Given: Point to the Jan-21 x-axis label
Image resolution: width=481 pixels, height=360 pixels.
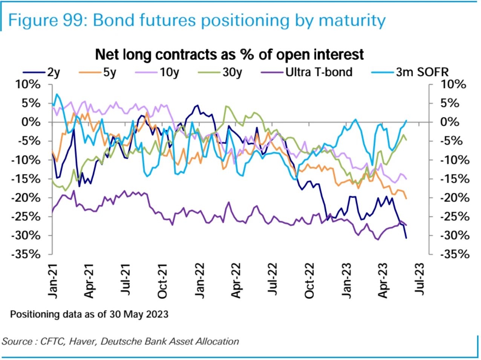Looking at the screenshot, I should (x=53, y=281).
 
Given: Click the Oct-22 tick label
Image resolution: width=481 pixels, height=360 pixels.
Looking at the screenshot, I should (x=309, y=281).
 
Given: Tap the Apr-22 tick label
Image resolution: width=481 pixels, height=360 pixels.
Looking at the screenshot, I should (x=236, y=281).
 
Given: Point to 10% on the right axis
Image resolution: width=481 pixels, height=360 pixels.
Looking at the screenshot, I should (x=453, y=84).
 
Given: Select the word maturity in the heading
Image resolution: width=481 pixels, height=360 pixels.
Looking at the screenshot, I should (x=352, y=20).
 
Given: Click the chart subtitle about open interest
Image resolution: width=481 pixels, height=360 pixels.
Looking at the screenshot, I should (x=229, y=55).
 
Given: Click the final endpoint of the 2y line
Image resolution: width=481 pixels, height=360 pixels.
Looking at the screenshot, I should (x=406, y=238).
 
